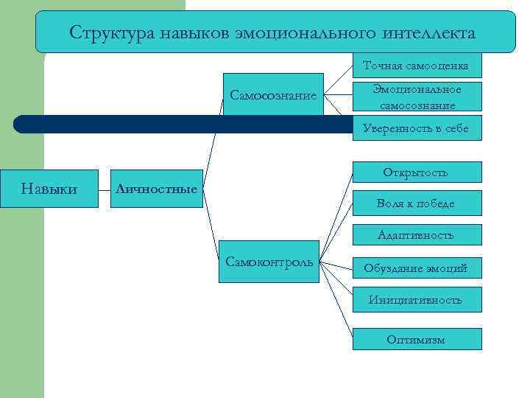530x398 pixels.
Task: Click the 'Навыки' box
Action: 49,189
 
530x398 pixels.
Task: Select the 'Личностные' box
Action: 155,189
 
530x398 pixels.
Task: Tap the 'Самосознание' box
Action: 273,94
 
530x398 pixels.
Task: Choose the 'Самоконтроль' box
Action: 269,262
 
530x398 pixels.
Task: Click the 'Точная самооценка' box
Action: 417,66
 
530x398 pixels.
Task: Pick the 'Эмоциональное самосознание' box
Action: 417,97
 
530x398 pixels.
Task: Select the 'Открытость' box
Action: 417,172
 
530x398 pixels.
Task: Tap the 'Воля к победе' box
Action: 417,203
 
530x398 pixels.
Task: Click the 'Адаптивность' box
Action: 417,235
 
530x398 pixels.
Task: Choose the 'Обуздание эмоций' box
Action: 417,268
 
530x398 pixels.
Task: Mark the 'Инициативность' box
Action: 417,299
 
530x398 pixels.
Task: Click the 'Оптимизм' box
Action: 417,339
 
